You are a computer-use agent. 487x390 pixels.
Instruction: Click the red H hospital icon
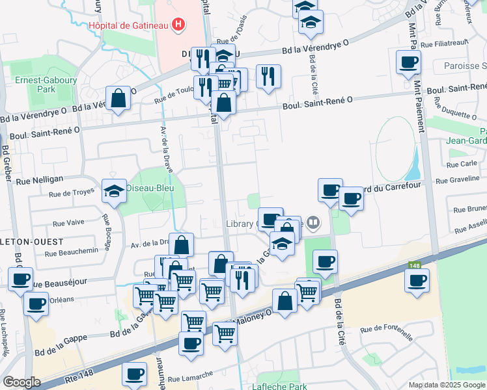tap(178, 25)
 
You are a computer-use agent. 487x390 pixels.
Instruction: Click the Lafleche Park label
tap(279, 386)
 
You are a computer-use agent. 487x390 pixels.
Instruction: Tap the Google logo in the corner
tap(21, 382)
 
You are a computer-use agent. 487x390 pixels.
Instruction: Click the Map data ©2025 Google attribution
tap(447, 385)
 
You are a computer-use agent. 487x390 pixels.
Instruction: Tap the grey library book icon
tap(313, 224)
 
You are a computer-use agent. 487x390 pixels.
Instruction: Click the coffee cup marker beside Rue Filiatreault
tap(408, 62)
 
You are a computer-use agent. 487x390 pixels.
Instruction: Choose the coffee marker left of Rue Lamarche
tap(134, 374)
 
